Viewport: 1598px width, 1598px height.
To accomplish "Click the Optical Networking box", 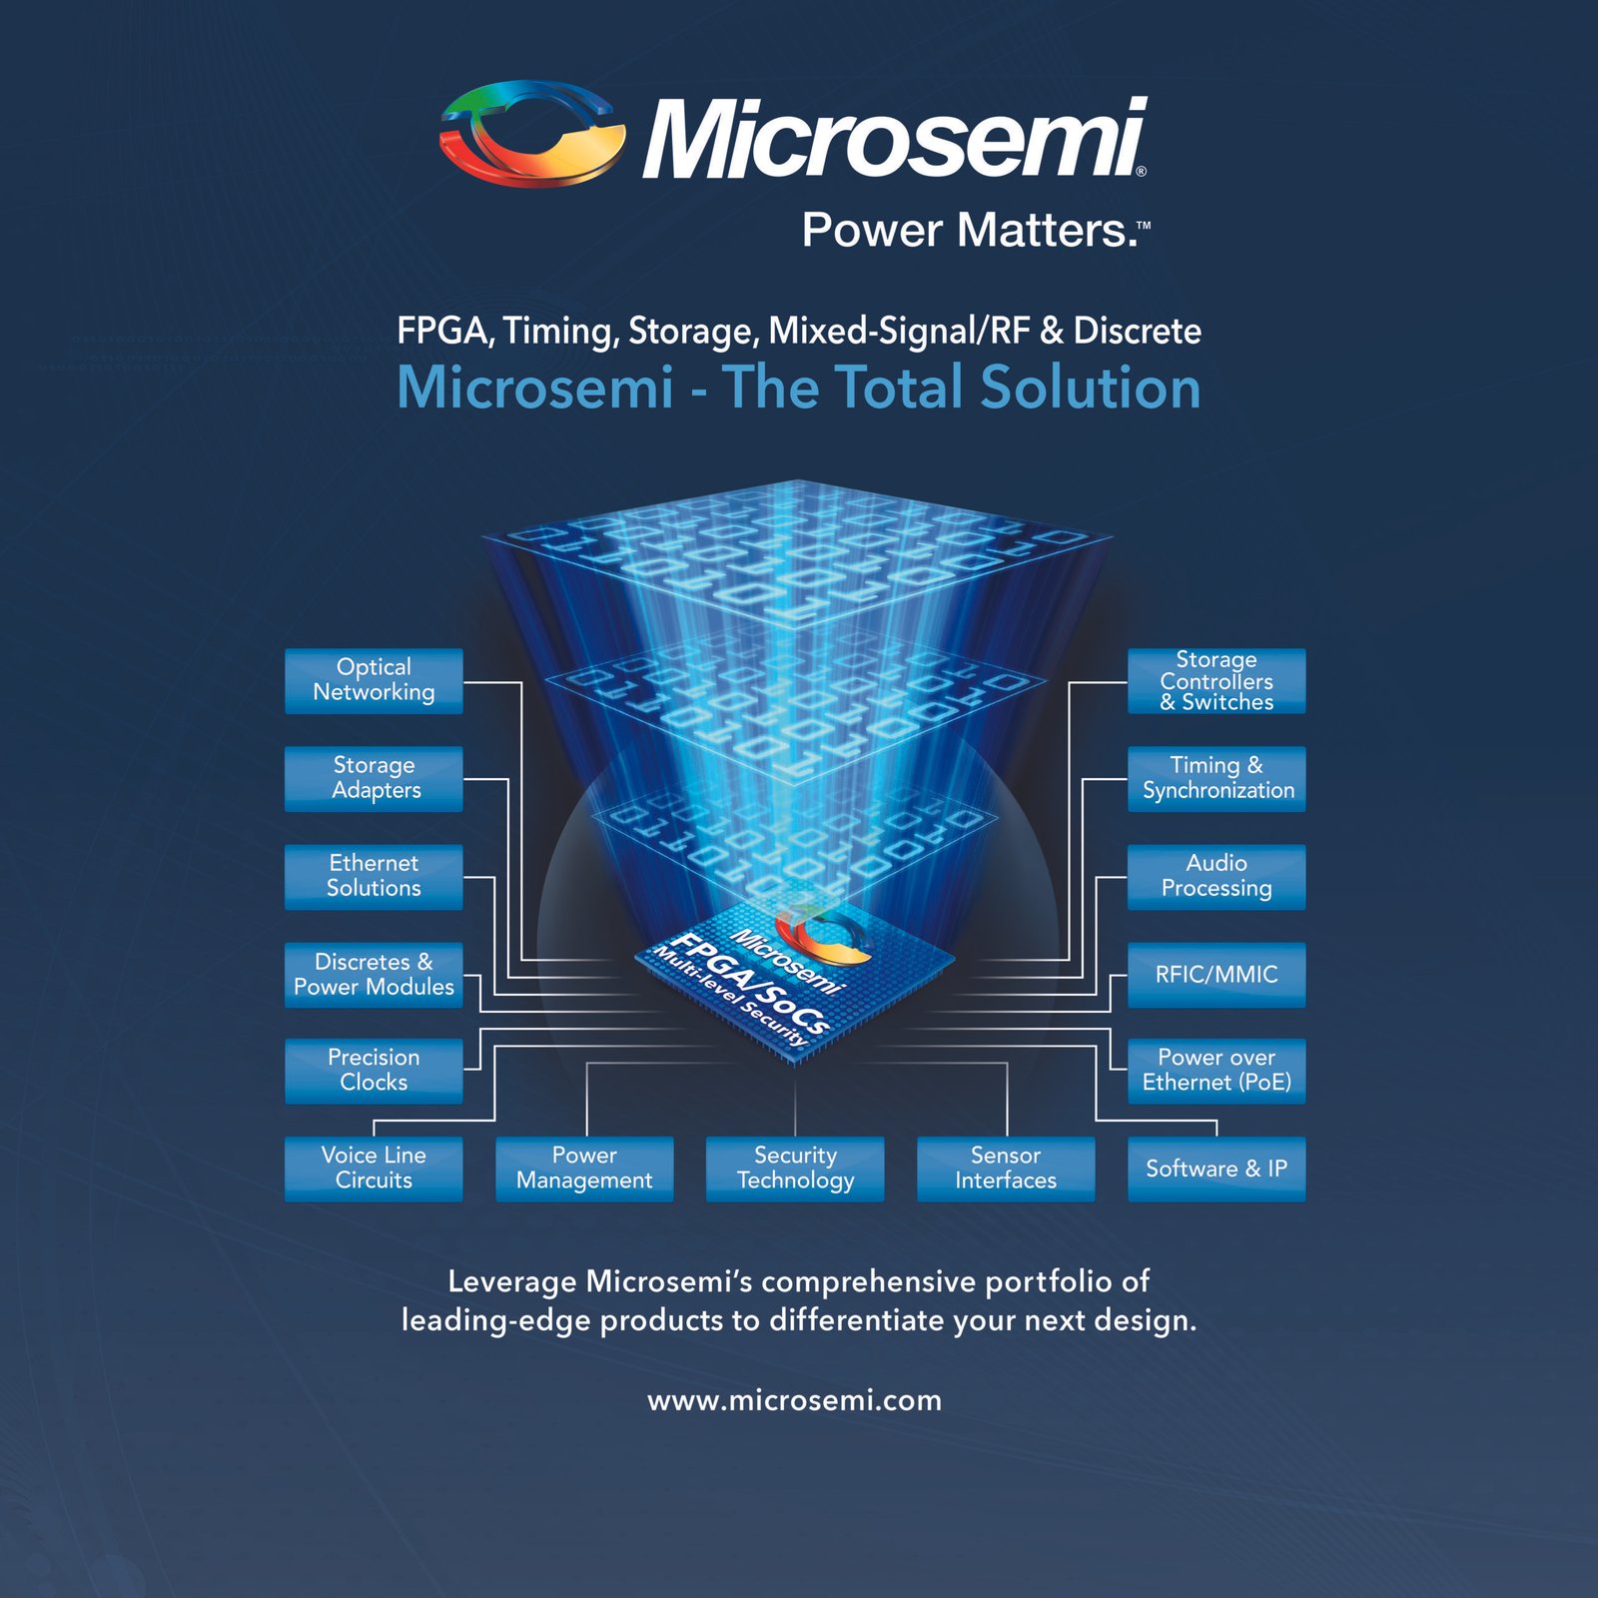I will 374,680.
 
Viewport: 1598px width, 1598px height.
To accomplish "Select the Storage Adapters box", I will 374,778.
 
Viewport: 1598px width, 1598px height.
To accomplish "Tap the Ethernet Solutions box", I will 374,876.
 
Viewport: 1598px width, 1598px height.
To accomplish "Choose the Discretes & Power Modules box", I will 374,974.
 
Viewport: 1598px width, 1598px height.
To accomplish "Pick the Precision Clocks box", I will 374,1070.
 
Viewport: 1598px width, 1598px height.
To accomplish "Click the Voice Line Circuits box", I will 374,1168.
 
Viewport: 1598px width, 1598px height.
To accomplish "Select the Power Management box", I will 584,1168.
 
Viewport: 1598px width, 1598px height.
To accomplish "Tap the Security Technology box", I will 795,1168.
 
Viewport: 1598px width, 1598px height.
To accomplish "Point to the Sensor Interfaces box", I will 1006,1168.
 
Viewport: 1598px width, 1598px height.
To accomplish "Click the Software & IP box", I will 1216,1168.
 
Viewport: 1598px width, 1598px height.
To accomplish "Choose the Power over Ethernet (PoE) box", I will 1216,1070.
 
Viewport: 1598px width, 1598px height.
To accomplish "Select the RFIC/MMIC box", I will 1216,974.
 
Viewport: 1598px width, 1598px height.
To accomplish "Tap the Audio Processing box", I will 1216,876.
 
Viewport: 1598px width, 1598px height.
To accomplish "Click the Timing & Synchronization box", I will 1216,778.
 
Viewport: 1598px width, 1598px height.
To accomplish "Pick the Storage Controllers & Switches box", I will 1216,680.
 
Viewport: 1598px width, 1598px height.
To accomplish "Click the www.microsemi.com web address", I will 795,1400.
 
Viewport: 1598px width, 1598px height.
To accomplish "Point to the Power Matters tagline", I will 974,231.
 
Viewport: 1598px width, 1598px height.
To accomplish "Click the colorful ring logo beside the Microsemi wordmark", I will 532,134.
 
